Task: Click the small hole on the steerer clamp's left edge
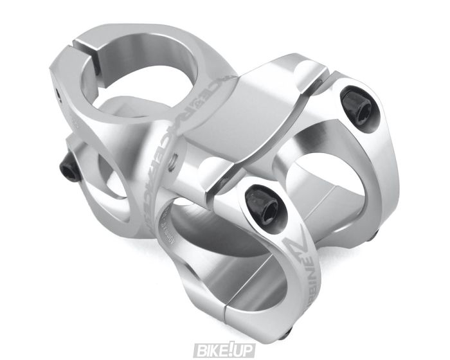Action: [57, 96]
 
